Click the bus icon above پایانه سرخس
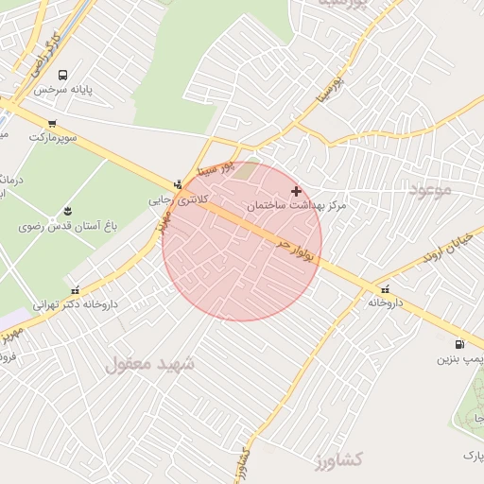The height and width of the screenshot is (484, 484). (62, 75)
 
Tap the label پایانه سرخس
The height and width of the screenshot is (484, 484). (62, 90)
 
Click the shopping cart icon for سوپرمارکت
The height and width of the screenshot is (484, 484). (51, 123)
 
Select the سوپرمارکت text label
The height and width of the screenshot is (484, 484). (52, 138)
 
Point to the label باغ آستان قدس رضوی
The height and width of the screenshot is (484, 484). (64, 227)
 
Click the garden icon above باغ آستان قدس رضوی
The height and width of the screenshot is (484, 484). (67, 211)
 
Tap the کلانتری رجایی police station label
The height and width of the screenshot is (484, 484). (181, 200)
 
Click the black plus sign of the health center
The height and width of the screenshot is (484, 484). (296, 191)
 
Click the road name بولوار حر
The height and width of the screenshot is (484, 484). (295, 251)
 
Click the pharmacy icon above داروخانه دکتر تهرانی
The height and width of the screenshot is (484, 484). (75, 290)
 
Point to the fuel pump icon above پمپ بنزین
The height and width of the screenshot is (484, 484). (459, 345)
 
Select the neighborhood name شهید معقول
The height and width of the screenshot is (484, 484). (150, 362)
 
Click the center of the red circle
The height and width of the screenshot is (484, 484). (242, 242)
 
